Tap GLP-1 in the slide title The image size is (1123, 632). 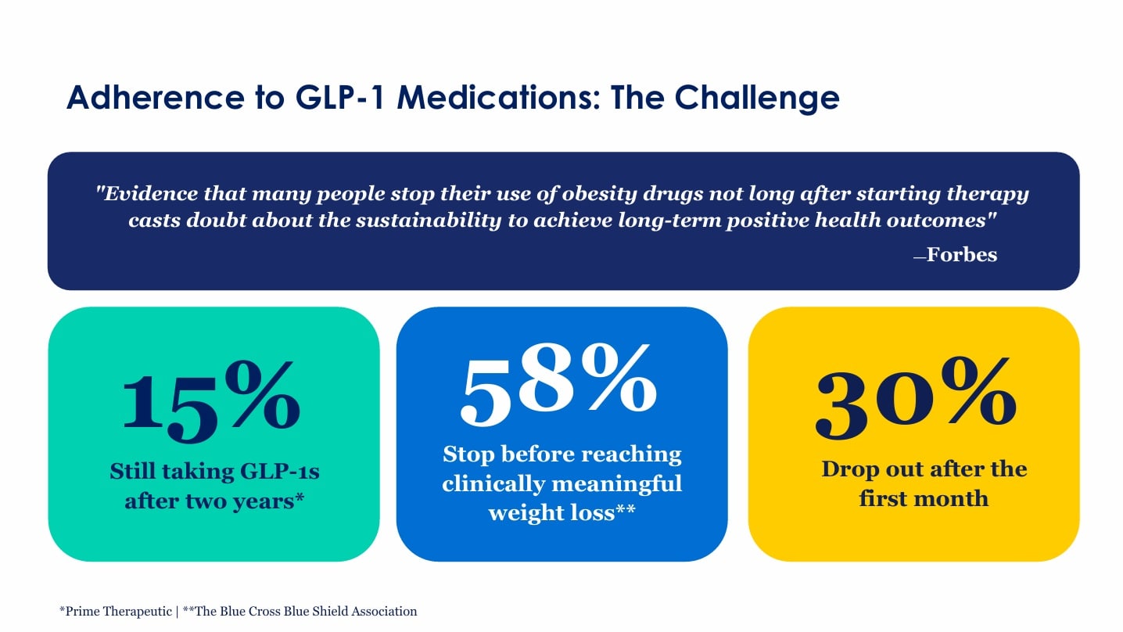(342, 99)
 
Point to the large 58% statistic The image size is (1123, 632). (558, 384)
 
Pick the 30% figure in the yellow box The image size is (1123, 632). (915, 399)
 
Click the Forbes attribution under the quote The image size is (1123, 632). (961, 254)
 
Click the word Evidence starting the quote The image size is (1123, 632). (145, 193)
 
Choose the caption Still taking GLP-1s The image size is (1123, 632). (214, 472)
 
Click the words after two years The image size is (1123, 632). (214, 501)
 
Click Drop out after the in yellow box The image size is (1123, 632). (924, 469)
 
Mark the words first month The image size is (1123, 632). (924, 498)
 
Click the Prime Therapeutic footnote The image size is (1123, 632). (117, 612)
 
